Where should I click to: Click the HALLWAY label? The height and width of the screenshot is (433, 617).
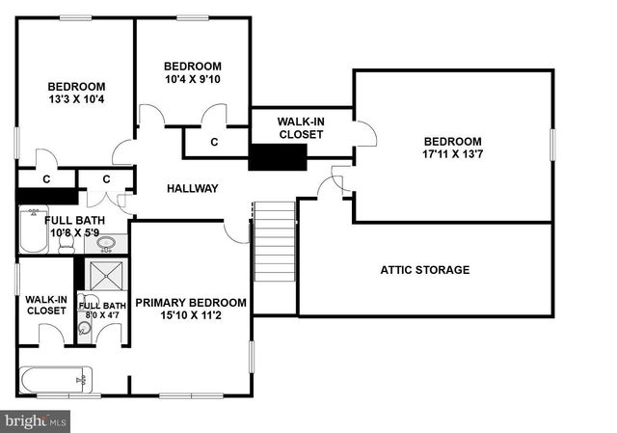coord(193,188)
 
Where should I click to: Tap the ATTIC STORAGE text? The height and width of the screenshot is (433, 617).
coord(424,270)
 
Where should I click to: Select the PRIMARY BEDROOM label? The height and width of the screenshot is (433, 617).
coord(191,303)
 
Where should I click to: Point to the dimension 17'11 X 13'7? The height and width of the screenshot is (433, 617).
coord(451,153)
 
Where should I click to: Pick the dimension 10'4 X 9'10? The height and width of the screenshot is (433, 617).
coord(193,79)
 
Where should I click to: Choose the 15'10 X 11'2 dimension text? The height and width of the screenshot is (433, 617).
coord(191,315)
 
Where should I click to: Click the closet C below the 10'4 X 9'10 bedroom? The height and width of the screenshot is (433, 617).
coord(214,143)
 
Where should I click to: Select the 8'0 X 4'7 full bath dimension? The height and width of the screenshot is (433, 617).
coord(100,314)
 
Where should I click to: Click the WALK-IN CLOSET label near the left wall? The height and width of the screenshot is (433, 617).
coord(46,304)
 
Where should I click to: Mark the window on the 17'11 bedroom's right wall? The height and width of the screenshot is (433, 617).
coord(552,145)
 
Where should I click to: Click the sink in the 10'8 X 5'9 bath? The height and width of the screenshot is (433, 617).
coord(108,243)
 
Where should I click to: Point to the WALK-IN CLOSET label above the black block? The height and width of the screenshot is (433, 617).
coord(301,127)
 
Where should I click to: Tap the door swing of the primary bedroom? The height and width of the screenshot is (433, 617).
coord(235,231)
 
